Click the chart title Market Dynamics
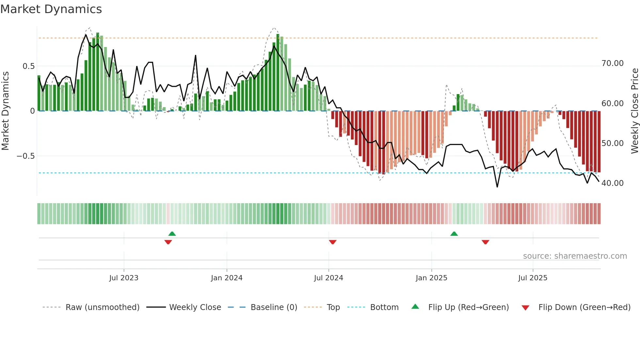pos(51,9)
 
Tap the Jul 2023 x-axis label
pos(124,278)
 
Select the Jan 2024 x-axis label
pos(227,278)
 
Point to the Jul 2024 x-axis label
pos(328,278)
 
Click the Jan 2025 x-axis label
pos(431,278)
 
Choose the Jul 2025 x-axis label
pos(533,278)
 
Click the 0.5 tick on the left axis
pos(28,66)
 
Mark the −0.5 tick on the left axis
pos(26,156)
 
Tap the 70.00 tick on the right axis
pos(612,63)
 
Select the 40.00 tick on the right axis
pos(612,183)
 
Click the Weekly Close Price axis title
pos(634,111)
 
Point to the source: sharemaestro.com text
pos(575,256)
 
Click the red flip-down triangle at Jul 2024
pos(332,242)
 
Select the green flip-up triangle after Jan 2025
pos(454,234)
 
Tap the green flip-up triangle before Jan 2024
pos(172,234)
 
